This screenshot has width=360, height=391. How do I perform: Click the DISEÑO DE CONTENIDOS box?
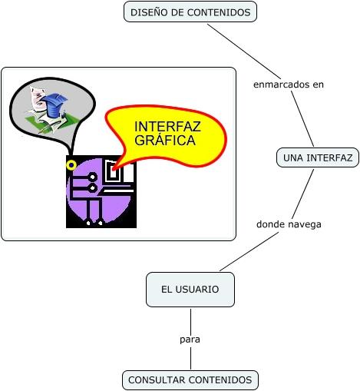(190, 12)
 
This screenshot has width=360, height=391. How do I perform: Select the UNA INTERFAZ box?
(318, 157)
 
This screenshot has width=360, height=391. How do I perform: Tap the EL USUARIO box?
(190, 290)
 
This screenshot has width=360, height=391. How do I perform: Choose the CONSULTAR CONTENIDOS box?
(190, 380)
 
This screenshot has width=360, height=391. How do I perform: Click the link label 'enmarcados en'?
(289, 84)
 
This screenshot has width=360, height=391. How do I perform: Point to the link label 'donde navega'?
(289, 224)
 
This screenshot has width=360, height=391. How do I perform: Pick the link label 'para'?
(190, 340)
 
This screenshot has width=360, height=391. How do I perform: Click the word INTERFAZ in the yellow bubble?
(167, 127)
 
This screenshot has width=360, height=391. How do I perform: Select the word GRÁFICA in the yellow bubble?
(165, 140)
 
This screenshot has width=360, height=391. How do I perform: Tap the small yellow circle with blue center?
(71, 165)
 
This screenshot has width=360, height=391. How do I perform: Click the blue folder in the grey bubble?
(54, 104)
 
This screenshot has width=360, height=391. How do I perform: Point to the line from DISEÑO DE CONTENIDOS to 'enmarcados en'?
(244, 51)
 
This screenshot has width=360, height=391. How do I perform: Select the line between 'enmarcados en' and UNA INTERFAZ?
(302, 118)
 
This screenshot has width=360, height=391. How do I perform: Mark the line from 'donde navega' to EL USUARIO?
(249, 251)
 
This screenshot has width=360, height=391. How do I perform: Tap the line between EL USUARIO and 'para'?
(190, 321)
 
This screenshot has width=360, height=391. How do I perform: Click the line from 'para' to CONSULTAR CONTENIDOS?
(190, 358)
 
